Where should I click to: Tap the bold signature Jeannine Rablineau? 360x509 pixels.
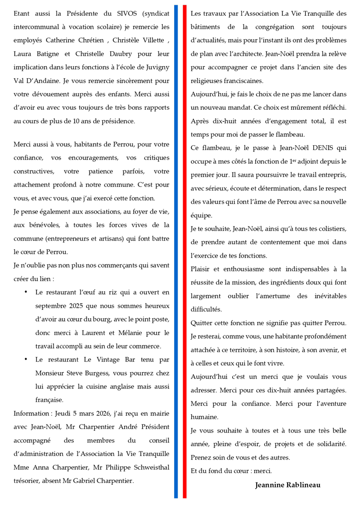click(288, 485)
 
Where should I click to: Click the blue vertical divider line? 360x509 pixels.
click(176, 252)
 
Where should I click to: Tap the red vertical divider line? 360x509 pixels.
click(184, 252)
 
